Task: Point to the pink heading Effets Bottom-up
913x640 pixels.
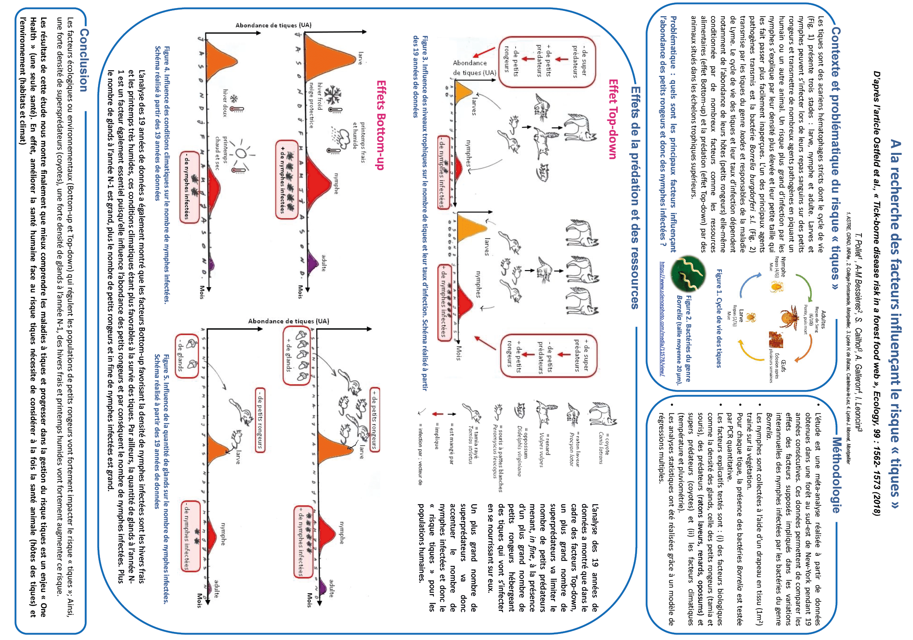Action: coord(381,125)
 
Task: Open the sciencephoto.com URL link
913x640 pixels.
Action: coord(662,319)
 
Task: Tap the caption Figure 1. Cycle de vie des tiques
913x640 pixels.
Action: coord(718,319)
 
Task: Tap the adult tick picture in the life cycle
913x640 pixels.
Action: coord(788,317)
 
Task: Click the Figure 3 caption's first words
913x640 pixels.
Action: coord(425,52)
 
